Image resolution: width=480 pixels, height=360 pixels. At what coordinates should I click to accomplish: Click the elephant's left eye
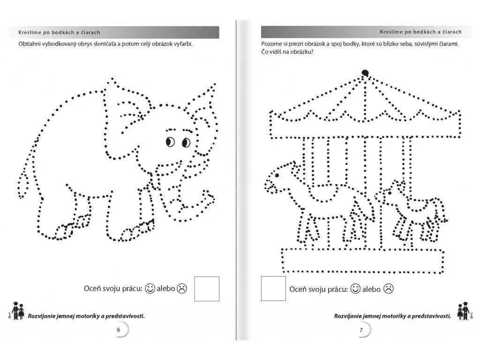[x=170, y=142]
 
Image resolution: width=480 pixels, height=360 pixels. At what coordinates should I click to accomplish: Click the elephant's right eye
[x=186, y=142]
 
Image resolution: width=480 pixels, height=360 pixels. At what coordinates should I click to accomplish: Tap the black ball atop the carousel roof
[x=365, y=73]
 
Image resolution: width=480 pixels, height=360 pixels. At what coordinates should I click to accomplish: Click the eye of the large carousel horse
[x=277, y=175]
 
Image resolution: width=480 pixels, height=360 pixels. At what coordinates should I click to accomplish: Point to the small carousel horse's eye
[x=390, y=193]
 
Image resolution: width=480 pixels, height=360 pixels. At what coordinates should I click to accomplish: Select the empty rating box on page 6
[x=207, y=289]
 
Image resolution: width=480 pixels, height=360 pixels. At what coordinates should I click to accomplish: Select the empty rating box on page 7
[x=273, y=288]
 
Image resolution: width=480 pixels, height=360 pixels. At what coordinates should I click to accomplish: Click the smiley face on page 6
[x=150, y=288]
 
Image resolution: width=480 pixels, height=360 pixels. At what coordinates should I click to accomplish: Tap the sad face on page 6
[x=182, y=288]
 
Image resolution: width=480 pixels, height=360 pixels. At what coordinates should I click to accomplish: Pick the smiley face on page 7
[x=355, y=289]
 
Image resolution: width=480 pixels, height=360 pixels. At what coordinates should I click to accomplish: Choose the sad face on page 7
[x=388, y=289]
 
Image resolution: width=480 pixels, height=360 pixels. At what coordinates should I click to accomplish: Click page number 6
[x=119, y=330]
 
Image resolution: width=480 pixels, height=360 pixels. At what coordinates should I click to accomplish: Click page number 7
[x=361, y=330]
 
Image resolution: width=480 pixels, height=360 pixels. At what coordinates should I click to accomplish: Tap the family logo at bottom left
[x=17, y=311]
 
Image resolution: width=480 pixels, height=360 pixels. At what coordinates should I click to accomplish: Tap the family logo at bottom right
[x=465, y=311]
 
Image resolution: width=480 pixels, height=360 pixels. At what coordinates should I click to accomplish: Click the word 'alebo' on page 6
[x=166, y=288]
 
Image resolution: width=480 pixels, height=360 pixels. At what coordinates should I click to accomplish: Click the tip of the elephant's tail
[x=21, y=197]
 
